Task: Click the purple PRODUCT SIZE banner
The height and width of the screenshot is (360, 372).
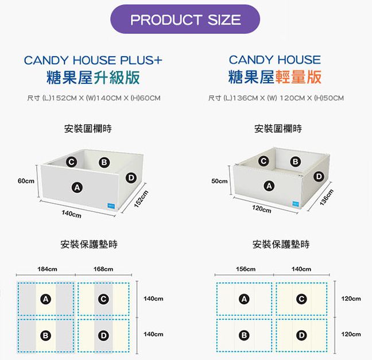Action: pos(185,20)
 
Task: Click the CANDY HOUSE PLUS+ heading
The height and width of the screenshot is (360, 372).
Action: pos(93,60)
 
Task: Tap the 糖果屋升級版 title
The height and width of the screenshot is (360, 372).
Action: pos(94,77)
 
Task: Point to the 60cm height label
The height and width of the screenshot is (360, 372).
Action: pos(25,181)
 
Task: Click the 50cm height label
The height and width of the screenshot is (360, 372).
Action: pos(219,181)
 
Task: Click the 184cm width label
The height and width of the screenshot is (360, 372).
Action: pos(46,269)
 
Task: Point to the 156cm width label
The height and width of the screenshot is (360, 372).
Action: pos(245,269)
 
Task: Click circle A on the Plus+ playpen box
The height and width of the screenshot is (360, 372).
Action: pos(75,187)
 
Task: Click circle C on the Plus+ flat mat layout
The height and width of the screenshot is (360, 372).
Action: pos(103,299)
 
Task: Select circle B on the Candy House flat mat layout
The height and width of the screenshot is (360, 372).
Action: pos(244,335)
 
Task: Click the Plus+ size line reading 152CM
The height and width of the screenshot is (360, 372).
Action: pos(94,98)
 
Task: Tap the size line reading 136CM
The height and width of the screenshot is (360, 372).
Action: pos(276,98)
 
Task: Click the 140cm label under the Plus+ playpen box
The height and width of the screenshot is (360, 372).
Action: pos(71,215)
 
